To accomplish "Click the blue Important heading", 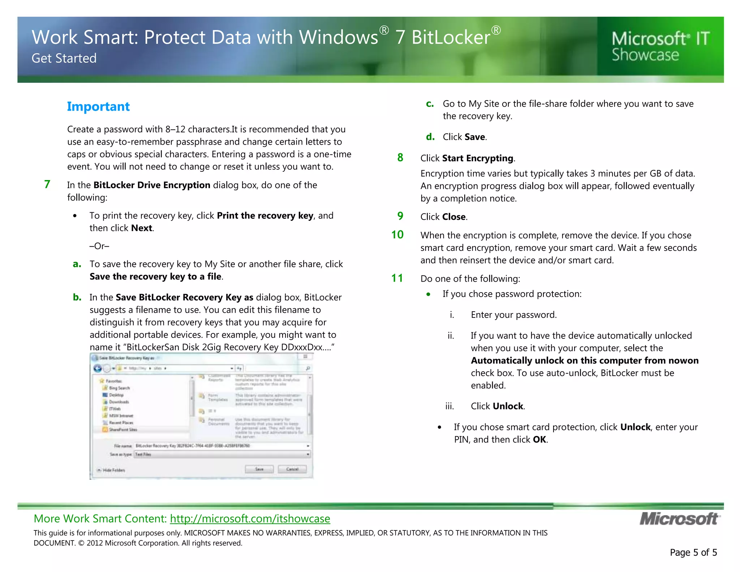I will click(98, 107).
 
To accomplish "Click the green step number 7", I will click(47, 184).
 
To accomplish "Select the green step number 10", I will click(397, 235).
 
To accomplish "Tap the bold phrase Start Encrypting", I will click(477, 158).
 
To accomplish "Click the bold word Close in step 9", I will click(453, 217).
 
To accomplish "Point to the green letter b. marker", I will click(77, 297).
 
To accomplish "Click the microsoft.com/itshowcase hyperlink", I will click(250, 518).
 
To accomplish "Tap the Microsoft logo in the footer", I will click(679, 519).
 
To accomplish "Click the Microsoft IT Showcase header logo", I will click(661, 46).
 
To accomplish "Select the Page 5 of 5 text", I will click(693, 552).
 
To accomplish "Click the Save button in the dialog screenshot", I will click(259, 469).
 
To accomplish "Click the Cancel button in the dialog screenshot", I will click(292, 469).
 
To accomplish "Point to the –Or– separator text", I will click(99, 246).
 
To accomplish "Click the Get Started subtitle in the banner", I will click(64, 58).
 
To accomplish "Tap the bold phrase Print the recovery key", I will click(265, 216).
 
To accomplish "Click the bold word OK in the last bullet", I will click(539, 440).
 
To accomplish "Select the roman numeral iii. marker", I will click(449, 406).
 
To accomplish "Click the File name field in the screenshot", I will click(220, 446).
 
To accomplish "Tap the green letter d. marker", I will click(430, 137).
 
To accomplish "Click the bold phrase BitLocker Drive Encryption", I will click(152, 185).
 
